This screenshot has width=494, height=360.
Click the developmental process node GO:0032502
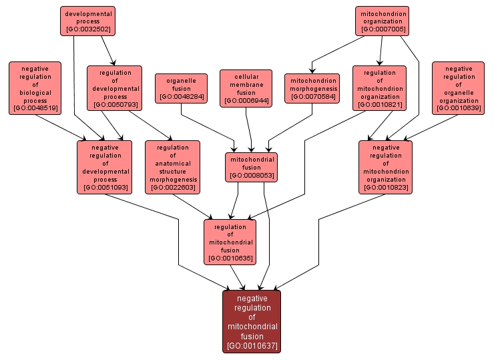click(x=87, y=21)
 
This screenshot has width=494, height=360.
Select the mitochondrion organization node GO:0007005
click(x=383, y=21)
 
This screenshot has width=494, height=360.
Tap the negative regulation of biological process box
click(x=34, y=88)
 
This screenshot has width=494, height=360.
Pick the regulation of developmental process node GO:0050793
click(x=114, y=88)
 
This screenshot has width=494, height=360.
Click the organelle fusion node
click(x=182, y=88)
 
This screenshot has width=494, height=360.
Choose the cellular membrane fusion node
click(x=246, y=88)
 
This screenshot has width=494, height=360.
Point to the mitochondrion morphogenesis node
click(x=313, y=88)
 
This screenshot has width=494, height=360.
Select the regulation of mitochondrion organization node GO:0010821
click(x=380, y=88)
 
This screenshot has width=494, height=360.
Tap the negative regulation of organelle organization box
click(x=458, y=88)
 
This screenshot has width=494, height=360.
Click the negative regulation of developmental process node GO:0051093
click(x=105, y=168)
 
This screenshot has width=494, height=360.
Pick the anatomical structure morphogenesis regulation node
click(x=173, y=168)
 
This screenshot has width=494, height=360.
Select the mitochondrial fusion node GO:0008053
click(x=251, y=167)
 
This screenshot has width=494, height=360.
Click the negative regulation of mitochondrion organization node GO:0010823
click(x=385, y=168)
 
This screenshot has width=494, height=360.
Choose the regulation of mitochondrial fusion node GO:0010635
click(x=230, y=242)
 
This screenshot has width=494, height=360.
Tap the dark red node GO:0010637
click(x=252, y=322)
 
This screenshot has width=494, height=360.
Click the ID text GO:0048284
click(x=182, y=97)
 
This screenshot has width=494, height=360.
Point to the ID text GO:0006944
click(x=246, y=101)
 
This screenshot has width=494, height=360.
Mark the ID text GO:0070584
click(x=313, y=97)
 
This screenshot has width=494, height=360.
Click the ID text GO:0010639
click(x=458, y=108)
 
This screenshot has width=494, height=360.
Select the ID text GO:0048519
click(x=34, y=108)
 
